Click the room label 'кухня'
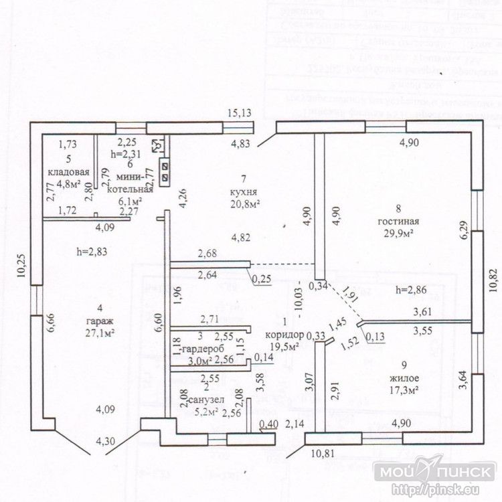[x=246, y=191]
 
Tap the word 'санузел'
[x=205, y=400]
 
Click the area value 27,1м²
[x=98, y=331]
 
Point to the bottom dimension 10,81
[x=326, y=454]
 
